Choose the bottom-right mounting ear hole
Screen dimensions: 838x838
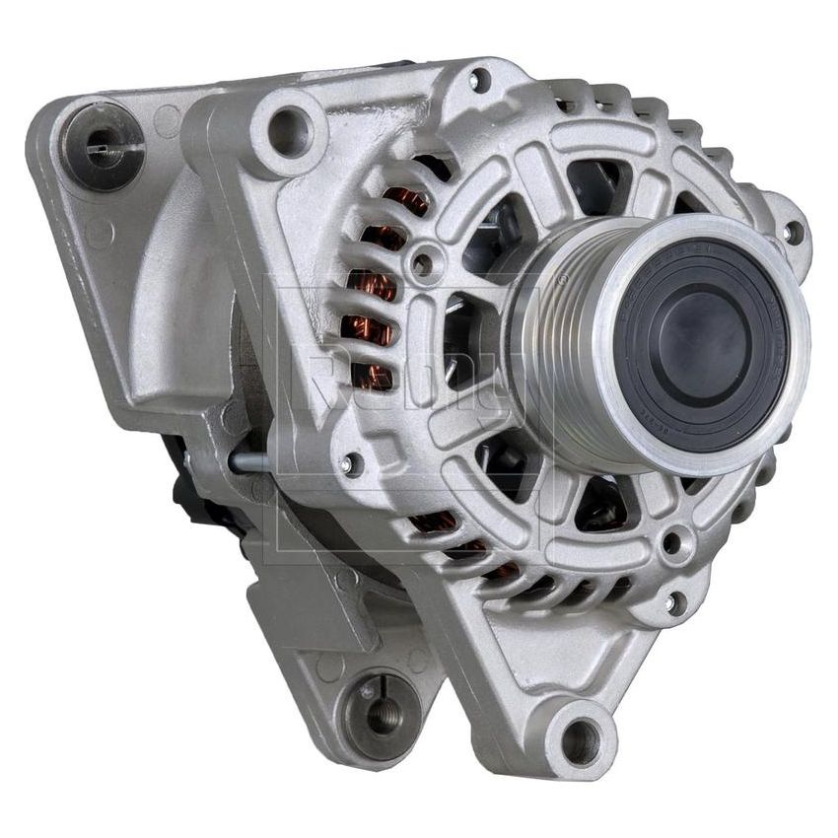[581, 735]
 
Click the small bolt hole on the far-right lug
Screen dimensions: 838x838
[792, 233]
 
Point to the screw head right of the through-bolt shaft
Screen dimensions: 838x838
[347, 462]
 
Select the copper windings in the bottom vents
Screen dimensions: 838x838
[463, 542]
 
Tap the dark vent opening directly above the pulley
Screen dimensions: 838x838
[596, 182]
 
